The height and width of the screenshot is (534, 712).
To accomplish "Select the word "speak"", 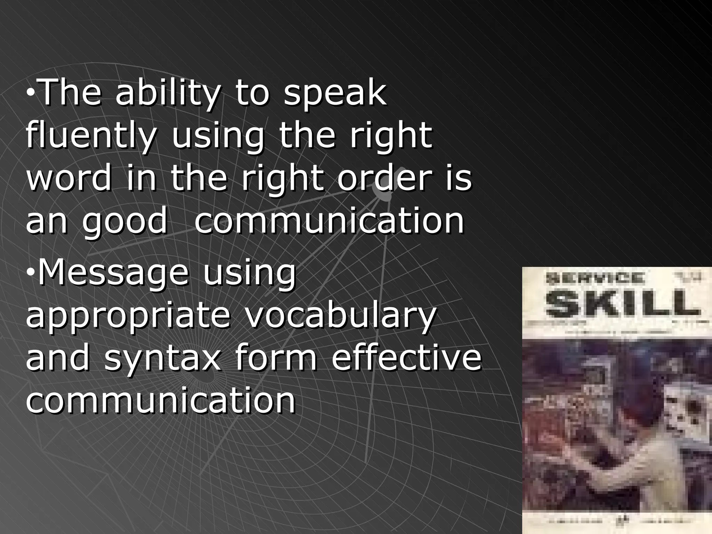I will pos(335,94).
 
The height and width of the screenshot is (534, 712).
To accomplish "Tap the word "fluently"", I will pos(90,136).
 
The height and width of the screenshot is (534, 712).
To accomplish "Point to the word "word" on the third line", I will pos(69,178).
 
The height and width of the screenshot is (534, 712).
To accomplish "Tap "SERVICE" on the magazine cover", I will pos(595,278).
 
